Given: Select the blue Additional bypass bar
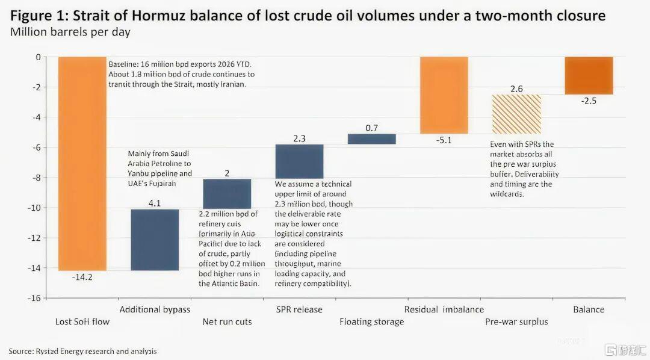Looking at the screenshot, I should [x=155, y=240].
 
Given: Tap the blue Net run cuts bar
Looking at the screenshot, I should [x=227, y=193].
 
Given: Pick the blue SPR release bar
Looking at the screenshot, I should [x=299, y=161].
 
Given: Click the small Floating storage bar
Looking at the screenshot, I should [x=371, y=139].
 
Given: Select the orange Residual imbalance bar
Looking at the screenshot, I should [x=444, y=95].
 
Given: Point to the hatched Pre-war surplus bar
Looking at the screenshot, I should [x=516, y=114].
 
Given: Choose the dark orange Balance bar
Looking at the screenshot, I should [x=589, y=76].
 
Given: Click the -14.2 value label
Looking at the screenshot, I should [x=82, y=278].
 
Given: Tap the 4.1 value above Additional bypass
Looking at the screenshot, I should [x=155, y=203].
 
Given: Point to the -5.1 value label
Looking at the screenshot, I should [x=444, y=140].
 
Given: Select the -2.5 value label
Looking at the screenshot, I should [x=589, y=101].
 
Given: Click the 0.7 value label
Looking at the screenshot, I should [x=371, y=128].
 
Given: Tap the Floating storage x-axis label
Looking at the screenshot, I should [x=371, y=321].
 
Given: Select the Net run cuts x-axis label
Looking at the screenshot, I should [x=227, y=321].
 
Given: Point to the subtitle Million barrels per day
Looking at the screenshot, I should [x=70, y=32].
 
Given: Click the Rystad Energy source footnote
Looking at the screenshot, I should [x=82, y=350].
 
